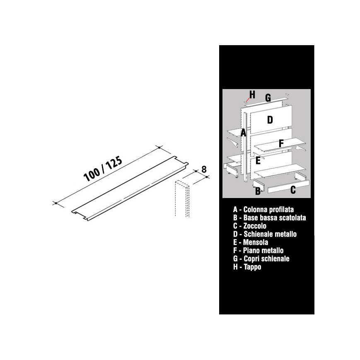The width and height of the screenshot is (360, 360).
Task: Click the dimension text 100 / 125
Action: click(103, 169)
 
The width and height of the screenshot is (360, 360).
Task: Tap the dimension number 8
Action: click(204, 169)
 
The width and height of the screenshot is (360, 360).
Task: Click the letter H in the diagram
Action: click(252, 94)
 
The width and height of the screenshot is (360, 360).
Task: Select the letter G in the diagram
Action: click(268, 98)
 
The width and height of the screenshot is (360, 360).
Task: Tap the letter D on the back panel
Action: click(270, 120)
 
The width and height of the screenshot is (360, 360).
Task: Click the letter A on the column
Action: click(243, 133)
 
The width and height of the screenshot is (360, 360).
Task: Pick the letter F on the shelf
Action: click(281, 144)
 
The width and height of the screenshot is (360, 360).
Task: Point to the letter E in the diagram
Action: click(258, 160)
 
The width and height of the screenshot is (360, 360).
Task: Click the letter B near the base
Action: click(258, 191)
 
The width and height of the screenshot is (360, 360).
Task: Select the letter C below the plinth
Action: click(293, 190)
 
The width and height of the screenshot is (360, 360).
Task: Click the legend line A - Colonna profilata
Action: click(263, 209)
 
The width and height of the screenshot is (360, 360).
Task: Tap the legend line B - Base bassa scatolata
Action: click(270, 217)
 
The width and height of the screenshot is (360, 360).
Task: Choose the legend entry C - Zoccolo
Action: click(250, 226)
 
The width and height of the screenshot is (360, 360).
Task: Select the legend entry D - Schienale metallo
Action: click(265, 234)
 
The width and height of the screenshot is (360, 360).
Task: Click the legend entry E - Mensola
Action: click(247, 242)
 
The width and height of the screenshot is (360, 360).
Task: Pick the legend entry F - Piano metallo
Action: click(258, 251)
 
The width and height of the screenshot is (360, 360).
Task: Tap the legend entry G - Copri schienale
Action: click(261, 259)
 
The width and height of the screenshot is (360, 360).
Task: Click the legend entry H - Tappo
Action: click(247, 267)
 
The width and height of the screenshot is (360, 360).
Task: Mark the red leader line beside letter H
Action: click(248, 100)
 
